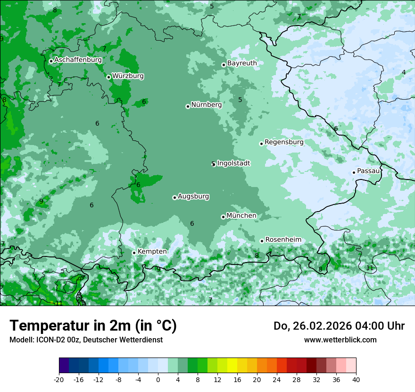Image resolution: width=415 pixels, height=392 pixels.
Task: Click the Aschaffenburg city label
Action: click(x=78, y=60)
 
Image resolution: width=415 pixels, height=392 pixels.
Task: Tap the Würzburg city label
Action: click(x=128, y=76)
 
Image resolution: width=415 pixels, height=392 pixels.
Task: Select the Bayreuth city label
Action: click(x=242, y=63)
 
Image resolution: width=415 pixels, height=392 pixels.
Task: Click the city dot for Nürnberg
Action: click(x=188, y=106)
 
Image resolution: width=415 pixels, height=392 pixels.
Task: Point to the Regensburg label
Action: click(x=284, y=142)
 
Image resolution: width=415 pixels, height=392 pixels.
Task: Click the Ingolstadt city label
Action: click(x=233, y=163)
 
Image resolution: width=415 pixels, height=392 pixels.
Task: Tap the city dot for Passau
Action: click(x=354, y=172)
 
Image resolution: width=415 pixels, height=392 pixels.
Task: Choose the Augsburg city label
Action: click(x=193, y=196)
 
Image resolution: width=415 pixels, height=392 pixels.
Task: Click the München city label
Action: click(x=241, y=216)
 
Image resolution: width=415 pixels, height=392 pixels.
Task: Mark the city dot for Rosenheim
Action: click(x=262, y=241)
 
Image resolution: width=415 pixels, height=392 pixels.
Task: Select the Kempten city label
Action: click(x=152, y=252)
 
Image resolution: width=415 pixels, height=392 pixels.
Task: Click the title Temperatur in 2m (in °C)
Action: click(x=93, y=326)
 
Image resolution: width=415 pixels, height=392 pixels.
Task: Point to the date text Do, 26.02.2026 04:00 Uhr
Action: click(x=339, y=326)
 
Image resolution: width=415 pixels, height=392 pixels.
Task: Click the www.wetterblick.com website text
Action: click(x=340, y=340)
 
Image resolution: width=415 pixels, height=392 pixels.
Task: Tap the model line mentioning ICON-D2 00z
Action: click(x=86, y=340)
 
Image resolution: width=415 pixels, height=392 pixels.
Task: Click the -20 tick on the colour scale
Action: click(x=59, y=379)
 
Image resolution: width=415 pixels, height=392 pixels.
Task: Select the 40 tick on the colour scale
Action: click(x=356, y=379)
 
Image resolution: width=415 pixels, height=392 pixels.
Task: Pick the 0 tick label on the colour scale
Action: click(x=158, y=379)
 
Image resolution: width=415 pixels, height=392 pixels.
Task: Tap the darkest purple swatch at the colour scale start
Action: click(x=64, y=366)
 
